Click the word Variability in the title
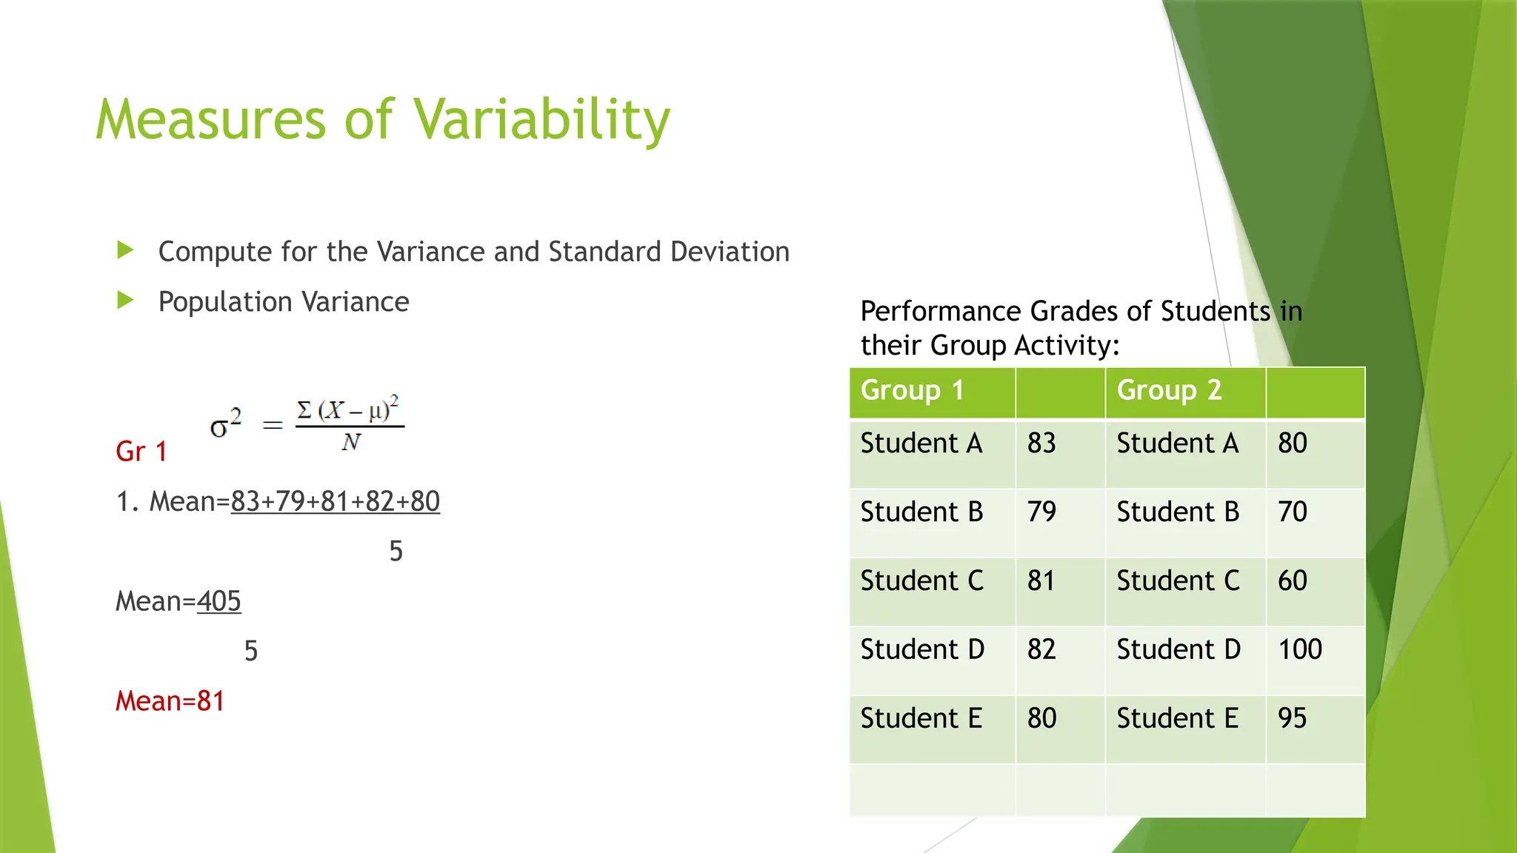tap(541, 120)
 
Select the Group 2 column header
tap(1169, 390)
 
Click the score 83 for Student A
tap(1041, 444)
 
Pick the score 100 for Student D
tap(1299, 649)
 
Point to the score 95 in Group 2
tap(1292, 718)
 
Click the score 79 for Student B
tap(1041, 512)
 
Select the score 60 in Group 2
tap(1292, 581)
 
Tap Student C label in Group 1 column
tap(921, 581)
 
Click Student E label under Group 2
tap(1177, 718)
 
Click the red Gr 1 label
tap(141, 452)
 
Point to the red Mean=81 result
tap(170, 701)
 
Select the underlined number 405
tap(219, 601)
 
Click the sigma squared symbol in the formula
tap(225, 424)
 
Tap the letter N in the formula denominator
tap(350, 443)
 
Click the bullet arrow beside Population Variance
tap(125, 301)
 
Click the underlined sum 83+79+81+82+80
tap(335, 502)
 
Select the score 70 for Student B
tap(1292, 512)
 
